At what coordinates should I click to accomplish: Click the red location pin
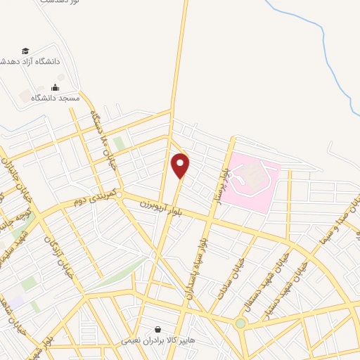(181, 165)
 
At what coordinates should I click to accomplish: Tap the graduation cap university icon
(26, 51)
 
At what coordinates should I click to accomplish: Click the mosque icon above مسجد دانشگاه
(55, 87)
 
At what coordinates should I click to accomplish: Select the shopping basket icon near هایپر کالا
(157, 328)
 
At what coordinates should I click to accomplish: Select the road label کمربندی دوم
(91, 200)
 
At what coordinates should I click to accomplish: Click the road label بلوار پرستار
(224, 178)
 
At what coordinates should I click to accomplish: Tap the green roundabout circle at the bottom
(240, 323)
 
